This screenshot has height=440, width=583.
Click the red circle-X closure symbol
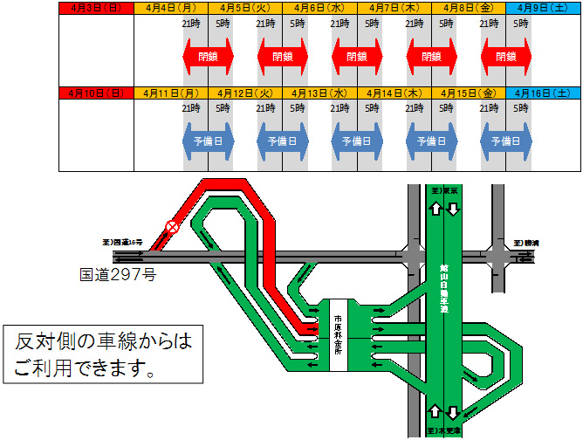172,228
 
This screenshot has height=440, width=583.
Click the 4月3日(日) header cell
95,8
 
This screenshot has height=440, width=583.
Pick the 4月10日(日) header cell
95,92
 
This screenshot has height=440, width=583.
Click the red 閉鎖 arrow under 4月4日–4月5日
208,57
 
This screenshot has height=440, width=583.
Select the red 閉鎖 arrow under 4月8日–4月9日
506,57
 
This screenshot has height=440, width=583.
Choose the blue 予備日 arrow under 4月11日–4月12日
208,141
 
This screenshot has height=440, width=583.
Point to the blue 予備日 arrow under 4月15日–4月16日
506,141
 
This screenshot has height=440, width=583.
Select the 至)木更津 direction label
443,430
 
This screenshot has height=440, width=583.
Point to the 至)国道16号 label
121,242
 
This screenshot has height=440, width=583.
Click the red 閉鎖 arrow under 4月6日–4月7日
357,57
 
